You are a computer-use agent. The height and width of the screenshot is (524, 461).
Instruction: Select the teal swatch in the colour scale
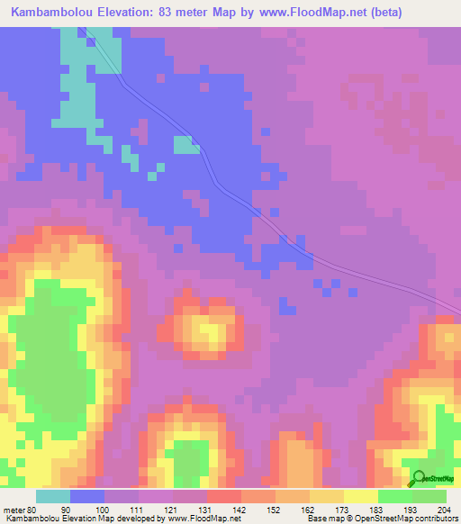(x=53, y=496)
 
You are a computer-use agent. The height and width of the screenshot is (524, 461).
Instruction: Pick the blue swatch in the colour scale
(x=87, y=496)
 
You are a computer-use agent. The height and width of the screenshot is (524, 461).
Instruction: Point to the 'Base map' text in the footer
(x=327, y=519)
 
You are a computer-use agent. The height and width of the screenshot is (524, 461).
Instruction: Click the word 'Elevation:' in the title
(x=123, y=13)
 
